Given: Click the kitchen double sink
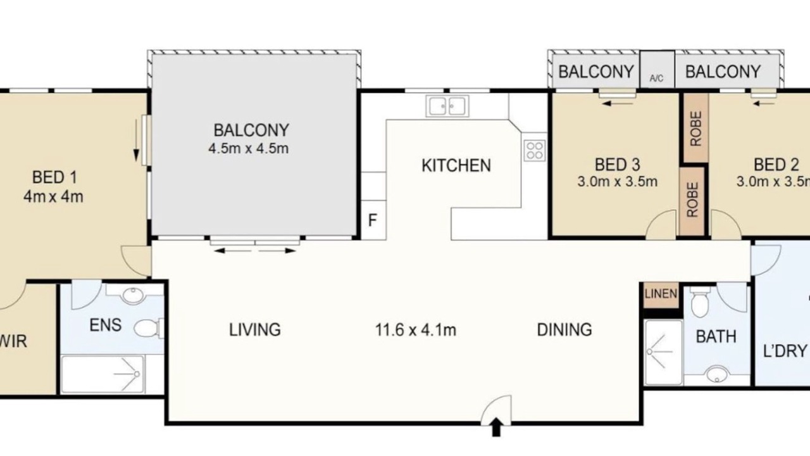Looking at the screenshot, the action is (447, 106).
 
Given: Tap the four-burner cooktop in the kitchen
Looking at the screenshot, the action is (535, 151).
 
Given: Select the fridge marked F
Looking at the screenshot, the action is (373, 220).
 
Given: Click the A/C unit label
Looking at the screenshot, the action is (656, 78).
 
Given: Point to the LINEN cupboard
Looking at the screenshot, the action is (661, 294).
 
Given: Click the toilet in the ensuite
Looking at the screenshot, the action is (148, 328).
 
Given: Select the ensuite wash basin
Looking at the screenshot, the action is (133, 295).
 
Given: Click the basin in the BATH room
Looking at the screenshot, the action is (717, 374).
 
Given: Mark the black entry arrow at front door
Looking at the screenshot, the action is (497, 427).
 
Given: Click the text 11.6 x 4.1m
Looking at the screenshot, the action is (416, 330).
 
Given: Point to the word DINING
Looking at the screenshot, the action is (564, 330).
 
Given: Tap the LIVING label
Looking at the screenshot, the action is (255, 330).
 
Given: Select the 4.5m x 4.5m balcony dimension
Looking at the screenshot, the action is (249, 149).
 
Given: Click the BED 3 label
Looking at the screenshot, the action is (617, 165).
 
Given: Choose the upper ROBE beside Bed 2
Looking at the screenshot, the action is (695, 129).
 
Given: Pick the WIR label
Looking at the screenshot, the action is (13, 341).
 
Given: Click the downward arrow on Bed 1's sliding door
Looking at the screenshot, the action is (136, 141).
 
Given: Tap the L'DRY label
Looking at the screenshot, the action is (785, 351).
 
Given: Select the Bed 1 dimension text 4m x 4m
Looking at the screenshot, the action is (53, 196).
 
